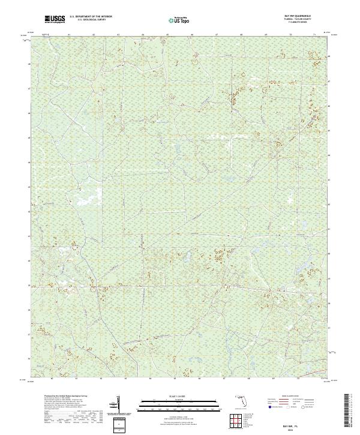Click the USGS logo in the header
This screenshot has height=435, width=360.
[55, 20]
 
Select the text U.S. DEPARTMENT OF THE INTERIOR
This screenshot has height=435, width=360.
[91, 17]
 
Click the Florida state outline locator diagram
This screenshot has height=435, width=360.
[238, 400]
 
